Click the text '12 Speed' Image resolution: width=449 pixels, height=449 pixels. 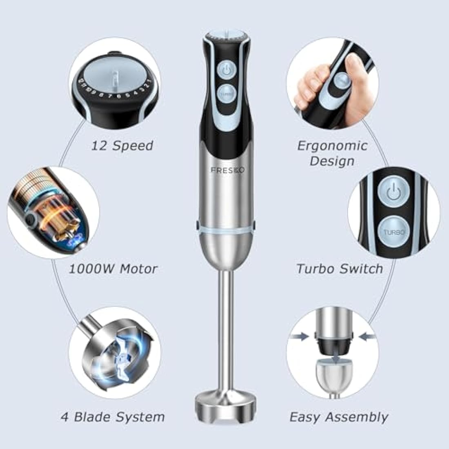coord(122,145)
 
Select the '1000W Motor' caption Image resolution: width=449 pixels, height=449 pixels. coord(113,269)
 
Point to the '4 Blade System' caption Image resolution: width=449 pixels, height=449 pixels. coord(113,417)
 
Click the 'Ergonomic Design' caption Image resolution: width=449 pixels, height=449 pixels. coord(332,153)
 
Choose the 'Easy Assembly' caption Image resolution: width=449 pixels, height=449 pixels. coord(339,417)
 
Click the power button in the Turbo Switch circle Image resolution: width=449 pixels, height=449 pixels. coord(393,191)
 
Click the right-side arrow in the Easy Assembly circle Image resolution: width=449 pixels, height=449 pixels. coord(367,337)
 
